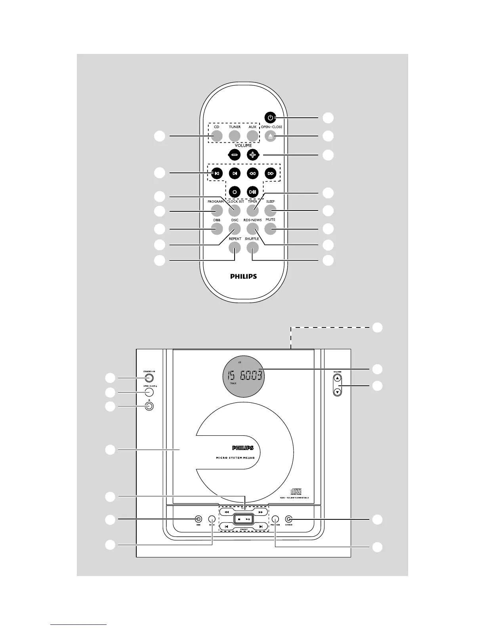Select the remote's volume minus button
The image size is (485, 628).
click(235, 155)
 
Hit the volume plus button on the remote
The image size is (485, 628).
click(252, 155)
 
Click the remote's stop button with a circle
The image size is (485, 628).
click(235, 192)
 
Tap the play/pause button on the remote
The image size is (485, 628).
click(252, 192)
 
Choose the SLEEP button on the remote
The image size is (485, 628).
click(270, 211)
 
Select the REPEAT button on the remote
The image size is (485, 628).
click(235, 248)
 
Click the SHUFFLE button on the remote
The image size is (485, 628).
click(252, 248)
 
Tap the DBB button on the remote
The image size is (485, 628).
click(216, 229)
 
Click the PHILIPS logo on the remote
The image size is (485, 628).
click(243, 276)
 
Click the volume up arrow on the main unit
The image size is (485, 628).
click(337, 379)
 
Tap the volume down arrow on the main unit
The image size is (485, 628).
click(337, 392)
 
